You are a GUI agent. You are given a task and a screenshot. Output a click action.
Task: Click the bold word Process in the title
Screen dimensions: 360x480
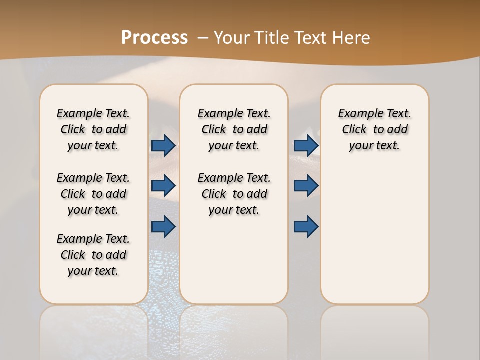[x=154, y=38]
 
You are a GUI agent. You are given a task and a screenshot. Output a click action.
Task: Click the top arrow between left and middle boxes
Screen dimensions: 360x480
[x=163, y=145]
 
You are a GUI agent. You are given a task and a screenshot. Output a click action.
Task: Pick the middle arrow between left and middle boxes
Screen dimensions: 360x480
[x=163, y=186]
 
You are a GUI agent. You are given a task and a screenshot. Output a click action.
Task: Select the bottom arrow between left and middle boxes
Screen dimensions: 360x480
[x=163, y=226]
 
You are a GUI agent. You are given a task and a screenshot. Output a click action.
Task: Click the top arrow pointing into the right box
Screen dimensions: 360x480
[x=306, y=145]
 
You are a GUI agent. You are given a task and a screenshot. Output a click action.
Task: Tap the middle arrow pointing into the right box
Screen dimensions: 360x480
[x=306, y=186]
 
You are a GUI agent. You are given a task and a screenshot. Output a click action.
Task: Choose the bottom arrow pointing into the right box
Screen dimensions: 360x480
[x=306, y=226]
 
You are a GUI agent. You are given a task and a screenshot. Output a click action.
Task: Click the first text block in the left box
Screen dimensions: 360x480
[x=93, y=129]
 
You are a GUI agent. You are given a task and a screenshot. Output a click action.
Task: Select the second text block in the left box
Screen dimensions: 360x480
[x=93, y=194]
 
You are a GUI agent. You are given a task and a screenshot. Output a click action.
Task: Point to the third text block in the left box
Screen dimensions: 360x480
[x=93, y=255]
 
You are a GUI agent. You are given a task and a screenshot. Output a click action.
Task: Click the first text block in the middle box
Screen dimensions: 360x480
[x=234, y=129]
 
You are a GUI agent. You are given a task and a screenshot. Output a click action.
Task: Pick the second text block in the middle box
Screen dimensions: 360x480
[x=234, y=194]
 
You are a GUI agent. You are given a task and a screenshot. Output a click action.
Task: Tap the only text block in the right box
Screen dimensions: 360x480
[x=374, y=129]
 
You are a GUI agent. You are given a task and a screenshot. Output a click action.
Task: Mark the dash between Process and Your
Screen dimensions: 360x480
[x=203, y=38]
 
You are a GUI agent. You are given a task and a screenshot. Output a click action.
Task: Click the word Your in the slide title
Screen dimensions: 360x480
[x=231, y=38]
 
